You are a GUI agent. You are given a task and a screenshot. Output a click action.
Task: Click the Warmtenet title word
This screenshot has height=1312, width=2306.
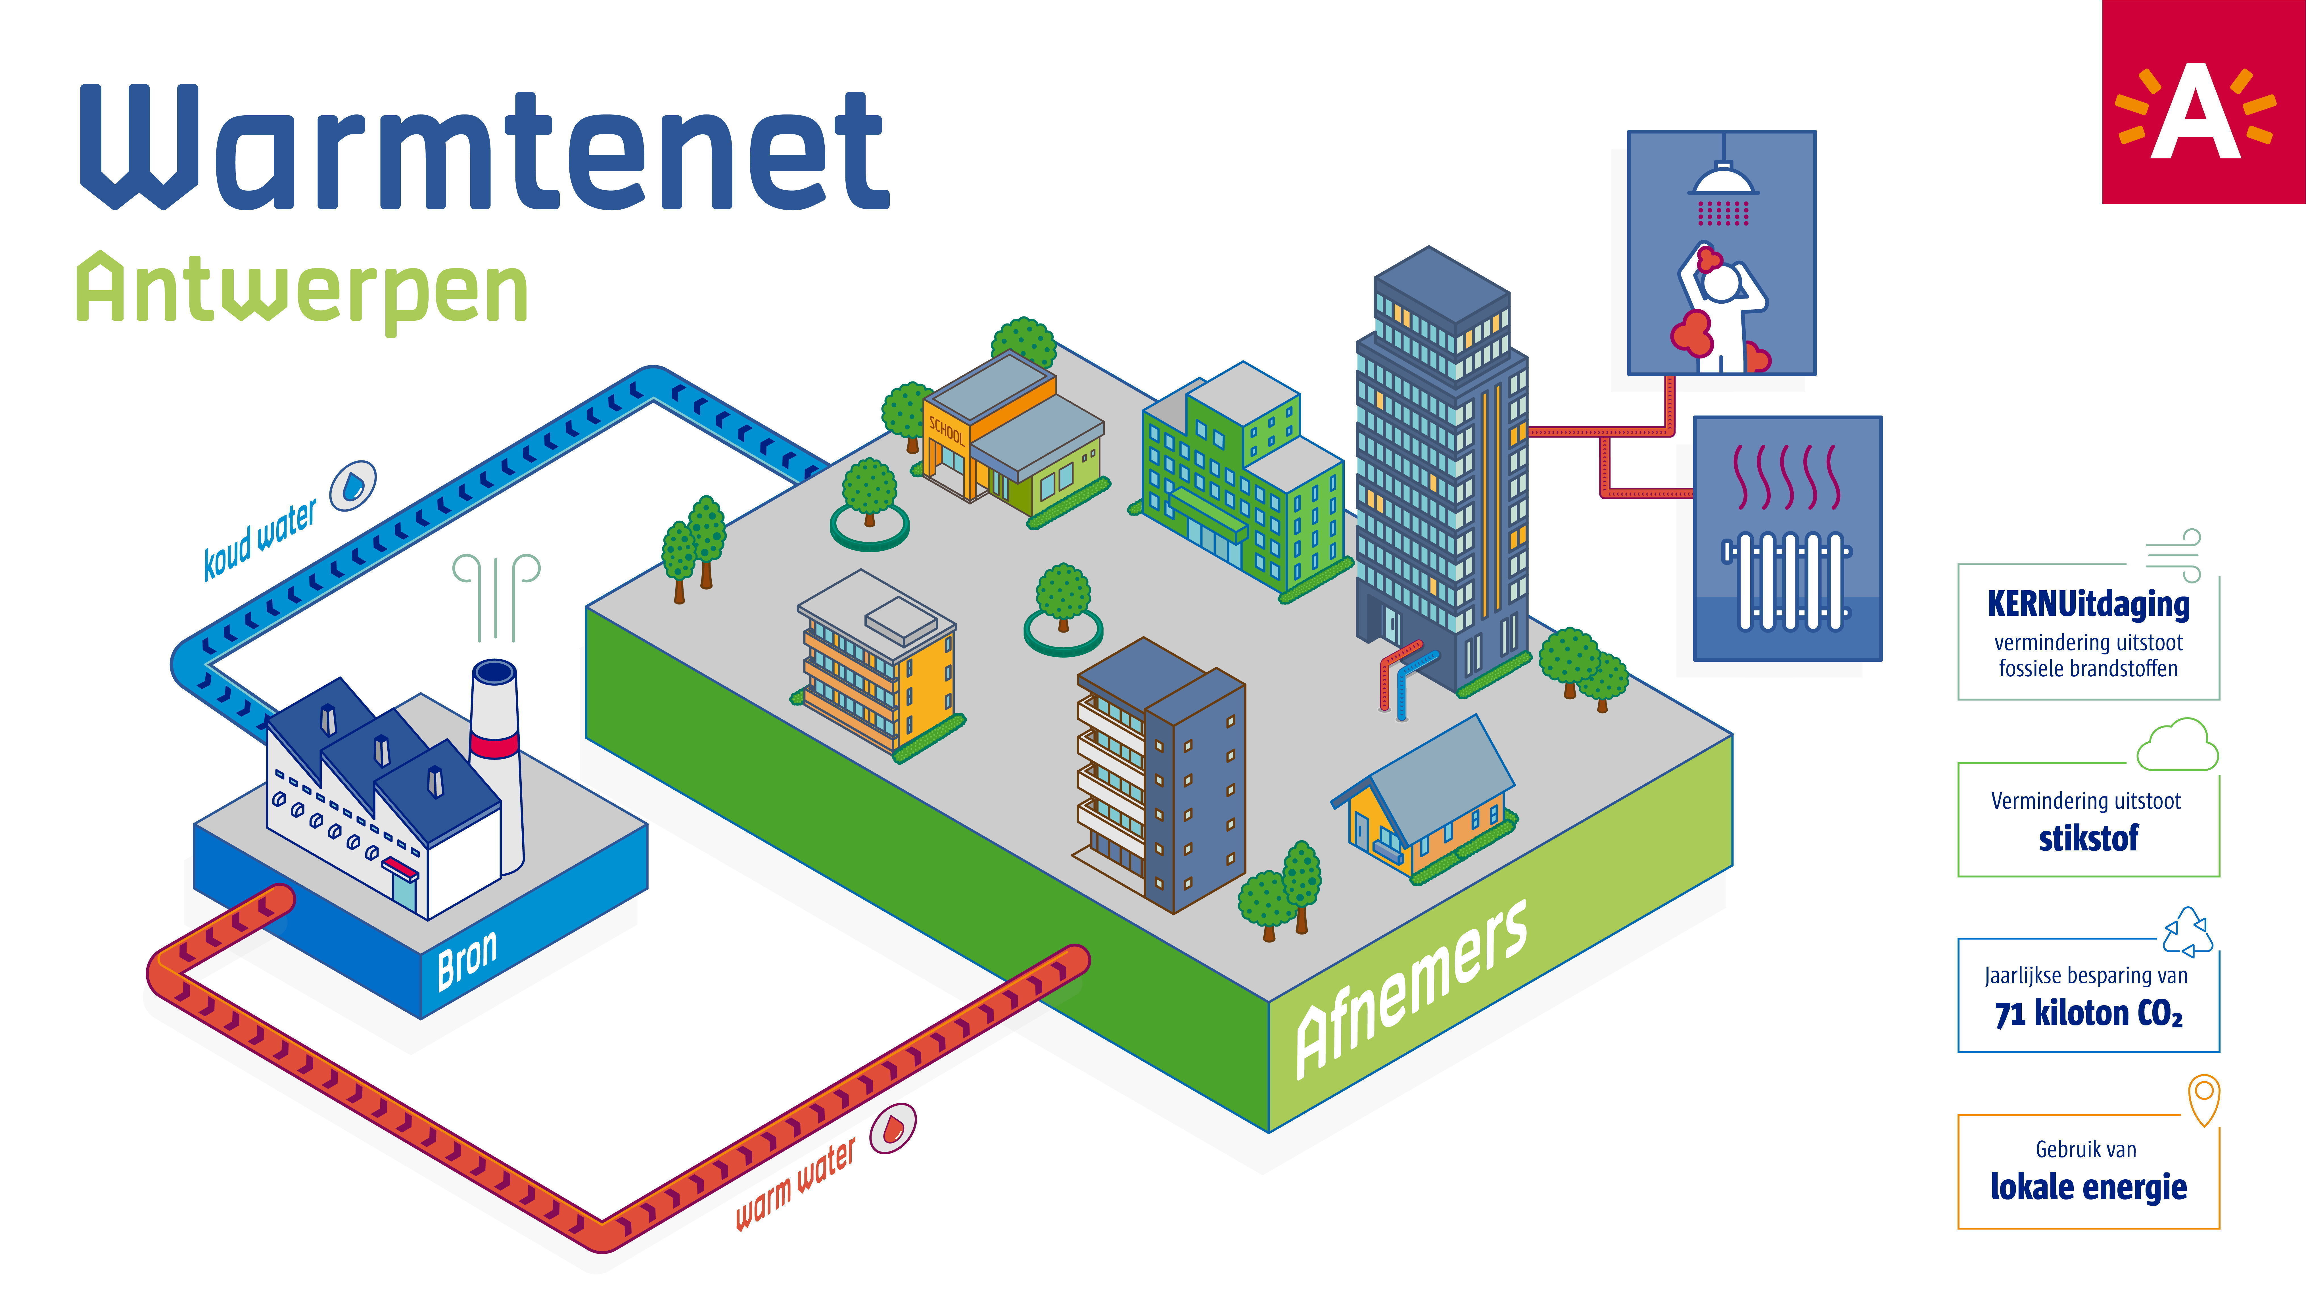tap(484, 148)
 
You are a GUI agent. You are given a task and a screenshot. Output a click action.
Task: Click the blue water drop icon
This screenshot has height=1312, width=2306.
tap(353, 487)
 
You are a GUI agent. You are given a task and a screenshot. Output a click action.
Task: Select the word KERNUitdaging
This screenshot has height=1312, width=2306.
tap(2088, 604)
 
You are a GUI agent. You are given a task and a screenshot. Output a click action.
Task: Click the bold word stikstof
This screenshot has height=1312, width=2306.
tap(2088, 838)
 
